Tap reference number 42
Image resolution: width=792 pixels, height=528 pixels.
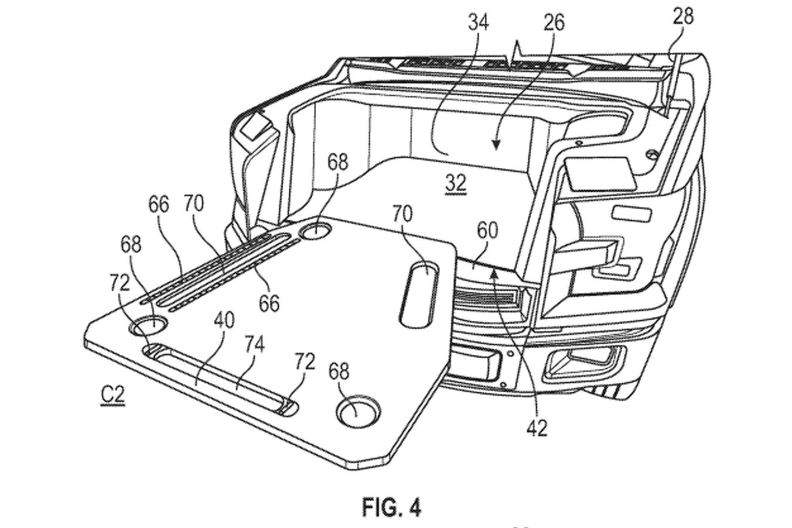[537, 429]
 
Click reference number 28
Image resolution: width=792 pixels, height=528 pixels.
[683, 17]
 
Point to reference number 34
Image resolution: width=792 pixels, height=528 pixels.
[478, 23]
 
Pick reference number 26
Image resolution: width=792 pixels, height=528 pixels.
[554, 23]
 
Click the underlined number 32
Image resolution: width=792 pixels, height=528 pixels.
[456, 184]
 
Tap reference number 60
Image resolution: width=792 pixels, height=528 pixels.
[487, 231]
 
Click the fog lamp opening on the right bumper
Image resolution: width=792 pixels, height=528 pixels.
[584, 359]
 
